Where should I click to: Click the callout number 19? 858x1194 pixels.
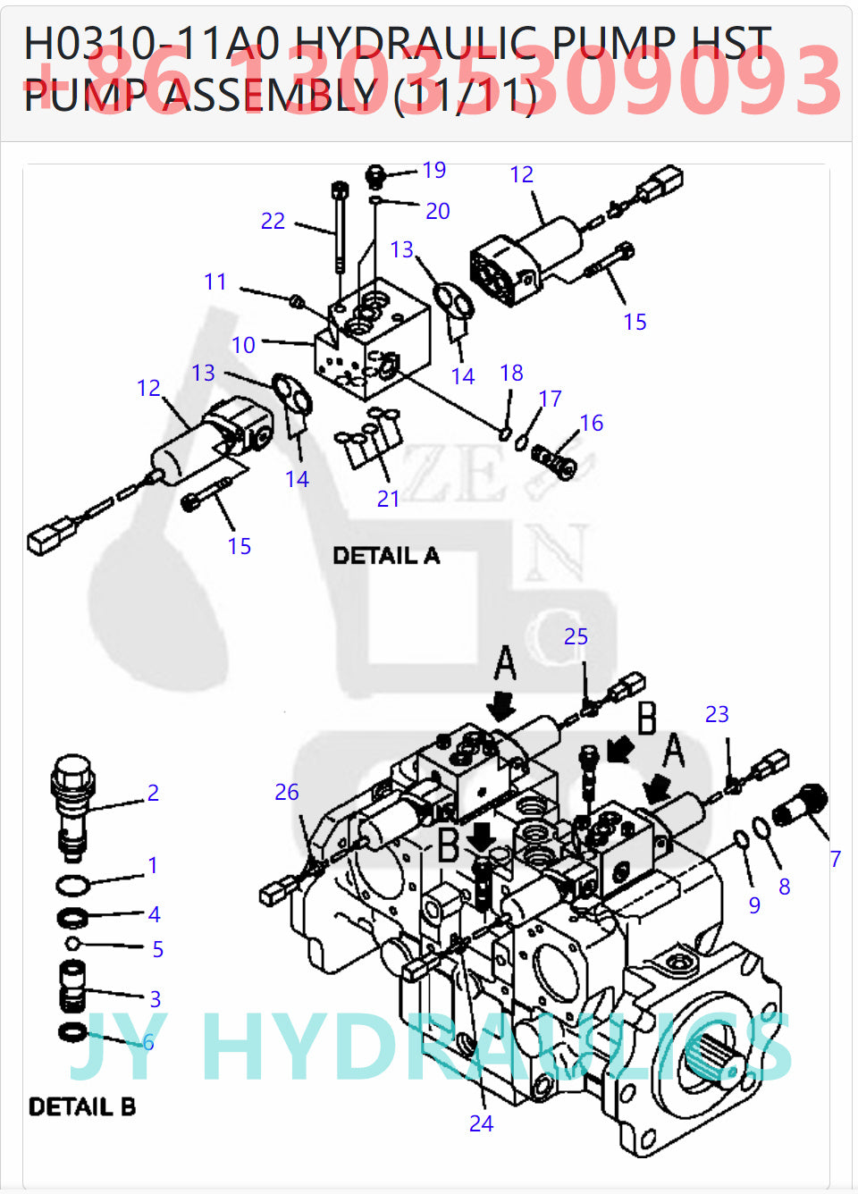(434, 170)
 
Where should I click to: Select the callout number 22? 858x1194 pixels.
(273, 221)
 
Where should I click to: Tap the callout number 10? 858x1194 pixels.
(243, 345)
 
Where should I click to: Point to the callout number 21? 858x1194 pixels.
(388, 499)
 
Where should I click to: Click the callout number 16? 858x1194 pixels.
(592, 423)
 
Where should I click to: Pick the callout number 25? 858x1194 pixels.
(576, 636)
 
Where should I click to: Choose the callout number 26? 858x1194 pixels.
(286, 792)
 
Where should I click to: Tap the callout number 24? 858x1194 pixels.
(481, 1123)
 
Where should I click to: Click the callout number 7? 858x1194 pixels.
(835, 859)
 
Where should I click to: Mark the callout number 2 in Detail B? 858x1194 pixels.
(153, 793)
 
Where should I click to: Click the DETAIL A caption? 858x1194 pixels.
(386, 556)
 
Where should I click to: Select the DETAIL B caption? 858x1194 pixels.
(82, 1107)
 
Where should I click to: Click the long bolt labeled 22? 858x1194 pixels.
(340, 228)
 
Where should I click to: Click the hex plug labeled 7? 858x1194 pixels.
(802, 804)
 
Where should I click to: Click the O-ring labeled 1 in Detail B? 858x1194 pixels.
(72, 886)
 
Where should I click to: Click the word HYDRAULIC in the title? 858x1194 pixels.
(416, 43)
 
